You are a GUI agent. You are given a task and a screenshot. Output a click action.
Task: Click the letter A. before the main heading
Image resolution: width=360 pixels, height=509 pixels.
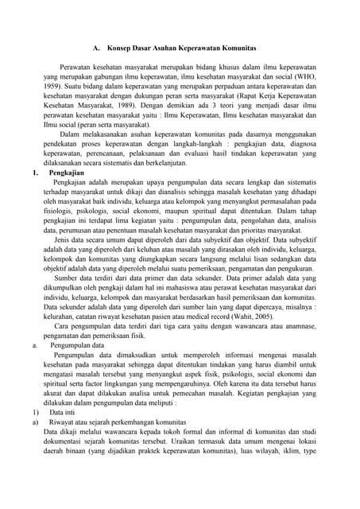pos(96,48)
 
